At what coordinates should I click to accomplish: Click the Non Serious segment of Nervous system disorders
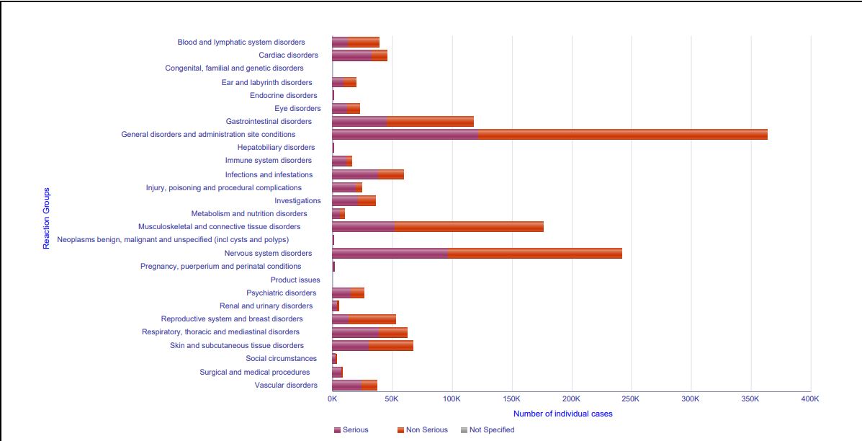pyautogui.click(x=534, y=254)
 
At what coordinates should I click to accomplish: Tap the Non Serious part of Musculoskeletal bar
pyautogui.click(x=469, y=227)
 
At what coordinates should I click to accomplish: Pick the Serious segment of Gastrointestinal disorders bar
pyautogui.click(x=359, y=122)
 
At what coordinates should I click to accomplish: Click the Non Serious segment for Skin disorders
pyautogui.click(x=391, y=346)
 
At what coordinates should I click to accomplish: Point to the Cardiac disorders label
pyautogui.click(x=288, y=55)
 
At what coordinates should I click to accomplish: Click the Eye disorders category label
pyautogui.click(x=297, y=109)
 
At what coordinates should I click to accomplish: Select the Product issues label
pyautogui.click(x=295, y=280)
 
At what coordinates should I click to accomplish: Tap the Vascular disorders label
pyautogui.click(x=286, y=386)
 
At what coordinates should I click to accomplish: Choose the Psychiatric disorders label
pyautogui.click(x=281, y=293)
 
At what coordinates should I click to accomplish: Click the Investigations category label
pyautogui.click(x=297, y=201)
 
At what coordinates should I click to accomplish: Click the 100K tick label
pyautogui.click(x=452, y=398)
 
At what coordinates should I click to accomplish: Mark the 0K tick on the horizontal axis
pyautogui.click(x=332, y=398)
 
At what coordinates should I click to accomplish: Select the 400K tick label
pyautogui.click(x=810, y=398)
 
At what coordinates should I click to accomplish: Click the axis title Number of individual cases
pyautogui.click(x=562, y=414)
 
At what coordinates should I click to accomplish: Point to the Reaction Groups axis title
pyautogui.click(x=47, y=218)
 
